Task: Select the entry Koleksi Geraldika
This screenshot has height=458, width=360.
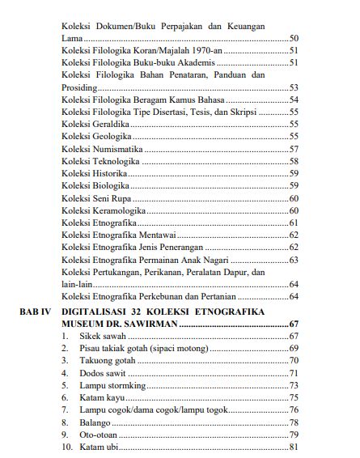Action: pyautogui.click(x=94, y=125)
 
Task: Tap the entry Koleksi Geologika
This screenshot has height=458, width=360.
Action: pyautogui.click(x=93, y=137)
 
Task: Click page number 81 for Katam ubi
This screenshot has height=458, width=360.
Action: pyautogui.click(x=294, y=447)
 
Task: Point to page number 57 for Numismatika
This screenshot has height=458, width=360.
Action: pyautogui.click(x=294, y=149)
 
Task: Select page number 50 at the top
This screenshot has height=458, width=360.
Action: pyautogui.click(x=294, y=39)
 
